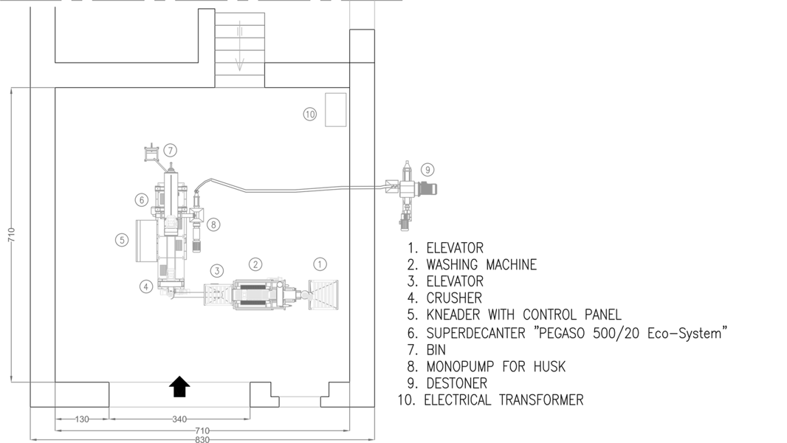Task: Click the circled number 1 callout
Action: point(320,264)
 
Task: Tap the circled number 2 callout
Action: point(255,264)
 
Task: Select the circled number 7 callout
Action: point(171,151)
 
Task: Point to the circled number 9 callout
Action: point(427,169)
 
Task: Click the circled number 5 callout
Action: point(122,240)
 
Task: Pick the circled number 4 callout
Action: point(147,286)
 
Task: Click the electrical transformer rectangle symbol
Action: point(336,109)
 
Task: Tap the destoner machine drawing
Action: point(407,192)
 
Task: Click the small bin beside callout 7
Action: point(152,153)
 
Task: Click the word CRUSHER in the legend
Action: point(454,298)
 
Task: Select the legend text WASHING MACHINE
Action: point(481,264)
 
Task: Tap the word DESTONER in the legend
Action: point(456,383)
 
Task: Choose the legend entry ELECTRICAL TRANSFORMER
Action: point(504,400)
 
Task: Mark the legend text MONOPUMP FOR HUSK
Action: point(496,366)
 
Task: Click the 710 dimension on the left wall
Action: point(11,235)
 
